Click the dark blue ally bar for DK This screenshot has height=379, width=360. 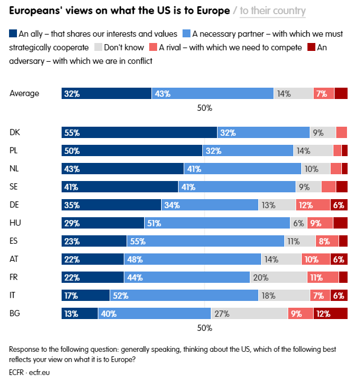(x=139, y=132)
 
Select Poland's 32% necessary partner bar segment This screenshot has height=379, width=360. (x=248, y=150)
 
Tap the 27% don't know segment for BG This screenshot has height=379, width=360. (x=249, y=313)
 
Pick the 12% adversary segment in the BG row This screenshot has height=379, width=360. (x=331, y=313)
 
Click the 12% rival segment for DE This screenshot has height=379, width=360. (x=313, y=205)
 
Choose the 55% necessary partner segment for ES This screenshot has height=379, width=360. (x=205, y=241)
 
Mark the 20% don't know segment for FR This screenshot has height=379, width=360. (x=278, y=277)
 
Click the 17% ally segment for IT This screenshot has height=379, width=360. (x=85, y=295)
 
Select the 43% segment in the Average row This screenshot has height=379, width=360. (x=212, y=94)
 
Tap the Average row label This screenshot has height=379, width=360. (x=24, y=94)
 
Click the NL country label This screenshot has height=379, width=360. (x=15, y=169)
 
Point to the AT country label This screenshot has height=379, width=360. (x=15, y=259)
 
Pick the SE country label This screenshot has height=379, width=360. (x=15, y=187)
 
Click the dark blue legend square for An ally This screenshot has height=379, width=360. (x=14, y=34)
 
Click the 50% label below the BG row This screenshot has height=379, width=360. (x=204, y=328)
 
